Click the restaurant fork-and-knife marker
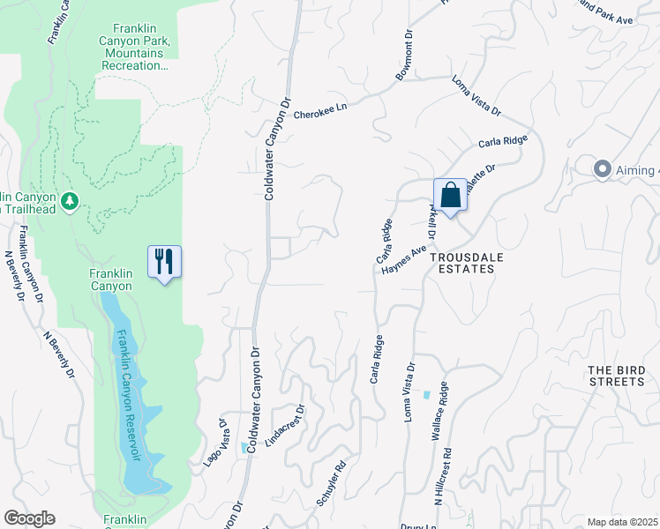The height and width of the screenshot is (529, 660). point(164,262)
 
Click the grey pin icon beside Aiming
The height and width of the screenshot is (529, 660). point(603,168)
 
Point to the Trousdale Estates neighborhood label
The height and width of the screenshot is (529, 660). point(462,262)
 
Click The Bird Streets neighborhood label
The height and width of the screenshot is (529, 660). point(617,376)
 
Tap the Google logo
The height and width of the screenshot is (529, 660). point(29,518)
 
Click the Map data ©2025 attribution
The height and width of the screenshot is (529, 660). point(621,522)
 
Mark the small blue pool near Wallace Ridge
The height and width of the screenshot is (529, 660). point(428,395)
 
